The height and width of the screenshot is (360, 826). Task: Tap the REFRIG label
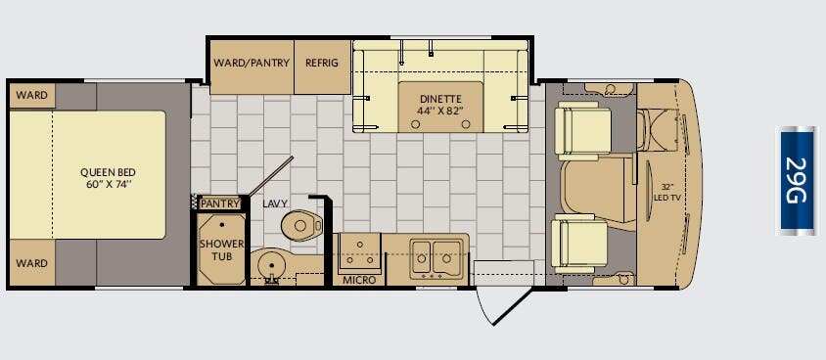pyautogui.click(x=322, y=64)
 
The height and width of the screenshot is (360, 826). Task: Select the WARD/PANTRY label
pyautogui.click(x=252, y=64)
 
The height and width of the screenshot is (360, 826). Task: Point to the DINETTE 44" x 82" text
pyautogui.click(x=441, y=105)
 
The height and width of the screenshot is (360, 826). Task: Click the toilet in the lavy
pyautogui.click(x=301, y=226)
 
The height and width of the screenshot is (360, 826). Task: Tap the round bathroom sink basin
pyautogui.click(x=271, y=265)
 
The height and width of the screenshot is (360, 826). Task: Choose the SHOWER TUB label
pyautogui.click(x=221, y=250)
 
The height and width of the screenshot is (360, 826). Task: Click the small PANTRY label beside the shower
pyautogui.click(x=220, y=203)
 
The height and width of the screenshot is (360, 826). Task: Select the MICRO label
pyautogui.click(x=359, y=280)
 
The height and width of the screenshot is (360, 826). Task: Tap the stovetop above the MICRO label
pyautogui.click(x=360, y=250)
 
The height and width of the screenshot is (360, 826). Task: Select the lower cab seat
pyautogui.click(x=579, y=243)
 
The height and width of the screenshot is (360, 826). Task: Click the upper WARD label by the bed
pyautogui.click(x=31, y=95)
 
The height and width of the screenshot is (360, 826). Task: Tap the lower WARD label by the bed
pyautogui.click(x=31, y=262)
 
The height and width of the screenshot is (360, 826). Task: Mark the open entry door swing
pyautogui.click(x=503, y=306)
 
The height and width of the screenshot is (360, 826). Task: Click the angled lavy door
pyautogui.click(x=270, y=176)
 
